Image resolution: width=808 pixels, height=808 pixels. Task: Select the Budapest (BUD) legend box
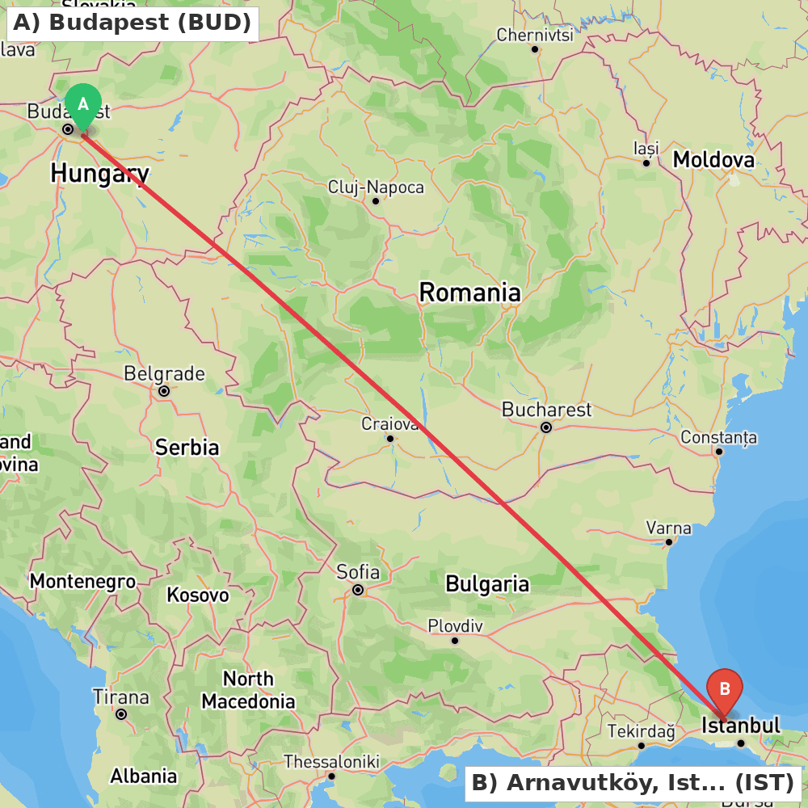click(x=133, y=23)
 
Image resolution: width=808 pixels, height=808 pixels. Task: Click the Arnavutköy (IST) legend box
click(x=632, y=782)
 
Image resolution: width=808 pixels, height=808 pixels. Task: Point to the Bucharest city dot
click(x=546, y=427)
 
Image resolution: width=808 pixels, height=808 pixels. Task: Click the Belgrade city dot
click(x=164, y=391)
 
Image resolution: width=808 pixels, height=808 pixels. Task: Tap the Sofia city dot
click(x=357, y=590)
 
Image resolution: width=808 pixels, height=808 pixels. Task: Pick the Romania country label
click(x=469, y=292)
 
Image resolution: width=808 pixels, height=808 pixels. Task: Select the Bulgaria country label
click(x=487, y=583)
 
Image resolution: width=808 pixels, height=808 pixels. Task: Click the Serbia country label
click(x=187, y=447)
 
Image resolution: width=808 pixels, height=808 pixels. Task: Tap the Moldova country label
click(x=713, y=159)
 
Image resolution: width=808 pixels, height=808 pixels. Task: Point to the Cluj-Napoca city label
click(x=376, y=187)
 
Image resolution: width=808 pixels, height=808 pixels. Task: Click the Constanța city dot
click(x=719, y=451)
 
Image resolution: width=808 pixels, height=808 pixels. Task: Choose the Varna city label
click(x=668, y=528)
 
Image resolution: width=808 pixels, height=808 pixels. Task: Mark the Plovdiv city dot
click(x=455, y=641)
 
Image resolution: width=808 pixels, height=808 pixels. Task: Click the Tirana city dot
click(x=121, y=714)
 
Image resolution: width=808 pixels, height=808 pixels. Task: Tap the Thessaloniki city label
click(x=331, y=761)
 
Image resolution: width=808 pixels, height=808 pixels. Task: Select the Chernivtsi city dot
click(x=535, y=49)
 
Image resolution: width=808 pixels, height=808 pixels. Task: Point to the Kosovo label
click(x=197, y=595)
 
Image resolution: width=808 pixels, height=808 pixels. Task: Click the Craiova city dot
click(x=390, y=439)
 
